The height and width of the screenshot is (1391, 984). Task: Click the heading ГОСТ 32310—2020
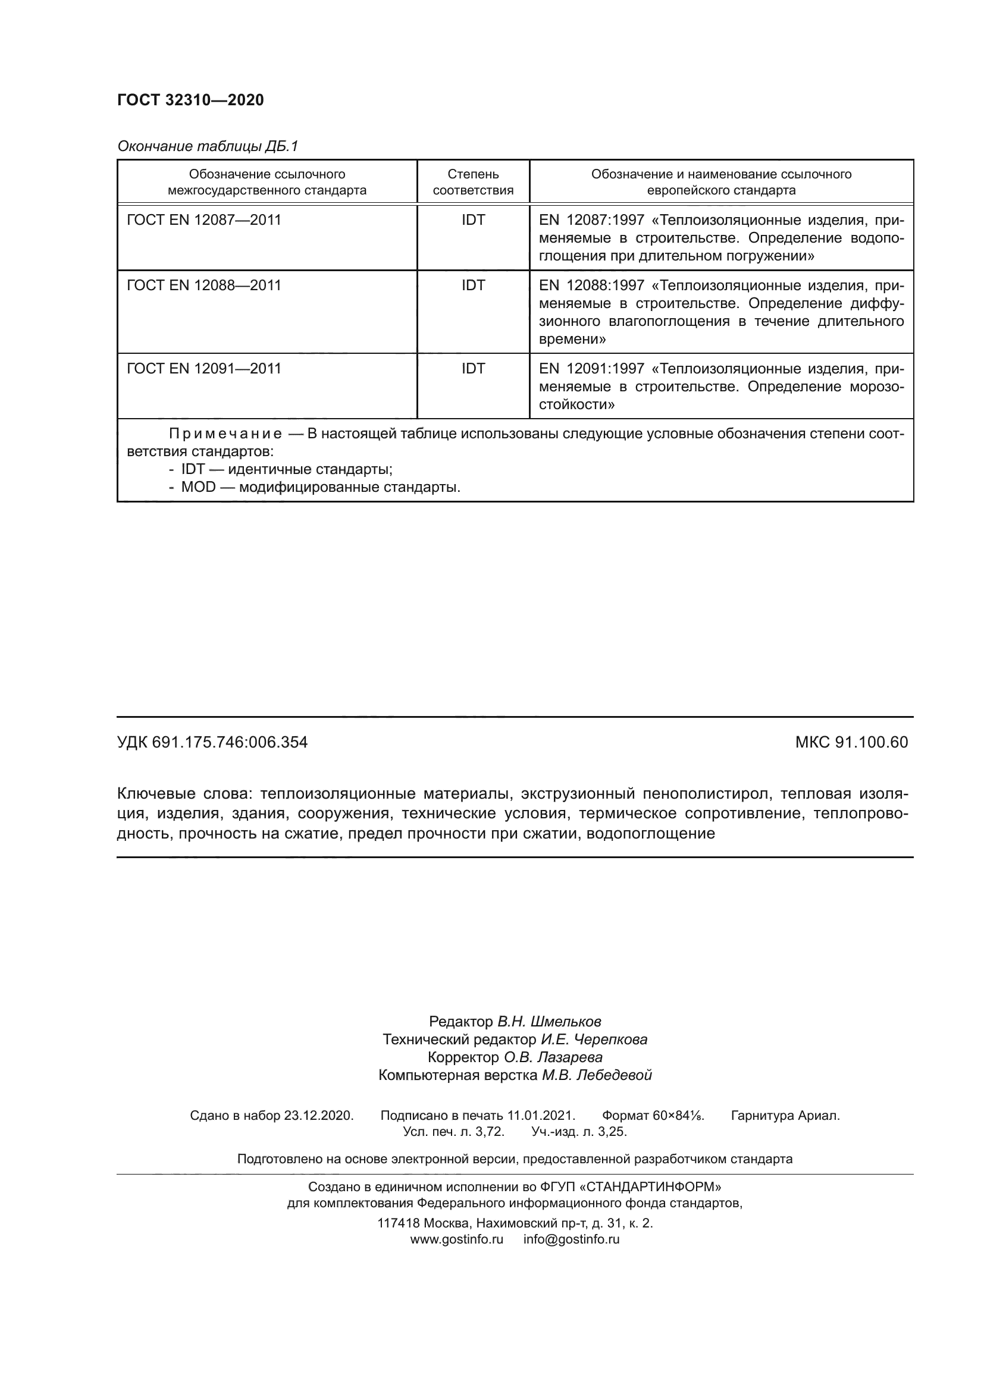[190, 100]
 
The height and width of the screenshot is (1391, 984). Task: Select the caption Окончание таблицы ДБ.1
[208, 146]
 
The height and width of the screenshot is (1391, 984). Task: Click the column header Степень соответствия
[472, 182]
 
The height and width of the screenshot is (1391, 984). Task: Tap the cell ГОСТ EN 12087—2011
[204, 220]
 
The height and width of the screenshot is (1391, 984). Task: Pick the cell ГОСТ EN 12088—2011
[204, 285]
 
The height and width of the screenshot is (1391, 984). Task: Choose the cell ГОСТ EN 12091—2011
[204, 368]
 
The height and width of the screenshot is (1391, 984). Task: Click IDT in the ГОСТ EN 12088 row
[472, 285]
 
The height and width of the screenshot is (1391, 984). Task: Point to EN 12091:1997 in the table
[591, 368]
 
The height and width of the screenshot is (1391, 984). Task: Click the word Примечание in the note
[225, 434]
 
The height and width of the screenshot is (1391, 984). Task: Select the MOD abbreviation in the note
[198, 487]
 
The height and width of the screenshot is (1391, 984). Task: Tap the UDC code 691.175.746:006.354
[230, 742]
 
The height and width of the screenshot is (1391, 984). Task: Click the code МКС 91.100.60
[851, 742]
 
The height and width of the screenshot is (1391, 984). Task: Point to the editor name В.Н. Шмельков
[549, 1022]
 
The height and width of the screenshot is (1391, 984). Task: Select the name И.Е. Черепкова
[594, 1040]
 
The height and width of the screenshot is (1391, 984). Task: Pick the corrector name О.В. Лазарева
[553, 1057]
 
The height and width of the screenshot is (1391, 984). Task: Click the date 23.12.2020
[318, 1115]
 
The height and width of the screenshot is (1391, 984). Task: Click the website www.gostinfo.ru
[457, 1239]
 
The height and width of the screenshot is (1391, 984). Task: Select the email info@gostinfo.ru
[571, 1239]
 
